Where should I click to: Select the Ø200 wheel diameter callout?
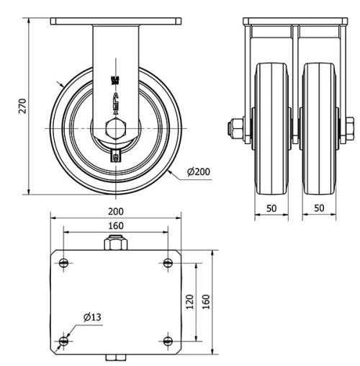coord(198,172)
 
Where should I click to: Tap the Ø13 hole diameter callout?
coord(91,317)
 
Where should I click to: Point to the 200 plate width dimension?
coord(115,211)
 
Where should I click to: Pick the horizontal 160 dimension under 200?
coord(115,225)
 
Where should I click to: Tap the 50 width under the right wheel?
coord(318,207)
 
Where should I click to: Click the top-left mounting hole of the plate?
coord(64,262)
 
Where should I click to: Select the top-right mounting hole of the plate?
coord(168,262)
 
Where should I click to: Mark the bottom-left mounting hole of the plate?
coord(64,340)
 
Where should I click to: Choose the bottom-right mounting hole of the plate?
coord(168,340)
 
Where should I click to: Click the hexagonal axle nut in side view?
coord(115,130)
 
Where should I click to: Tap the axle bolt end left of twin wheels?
coord(236,130)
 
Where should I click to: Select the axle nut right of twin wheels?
coord(350,130)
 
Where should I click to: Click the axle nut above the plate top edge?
coord(115,245)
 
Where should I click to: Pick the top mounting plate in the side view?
coord(115,22)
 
